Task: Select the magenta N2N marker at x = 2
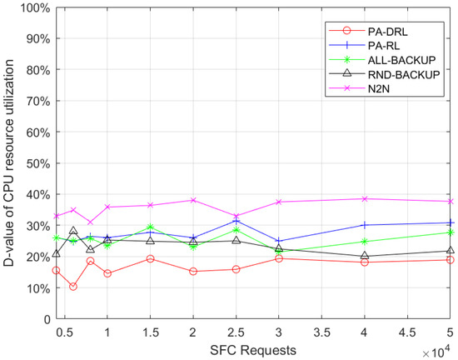pos(193,200)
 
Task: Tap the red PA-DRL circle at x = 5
pos(451,260)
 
